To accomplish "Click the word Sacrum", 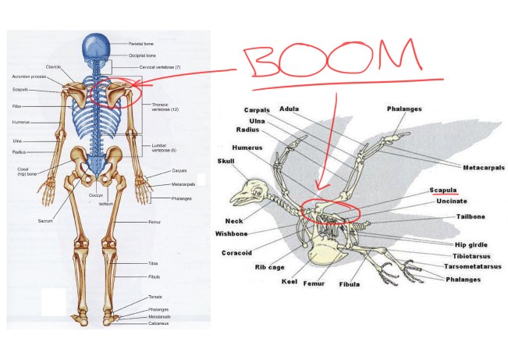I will click(44, 221).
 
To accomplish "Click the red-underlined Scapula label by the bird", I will click(443, 190).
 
